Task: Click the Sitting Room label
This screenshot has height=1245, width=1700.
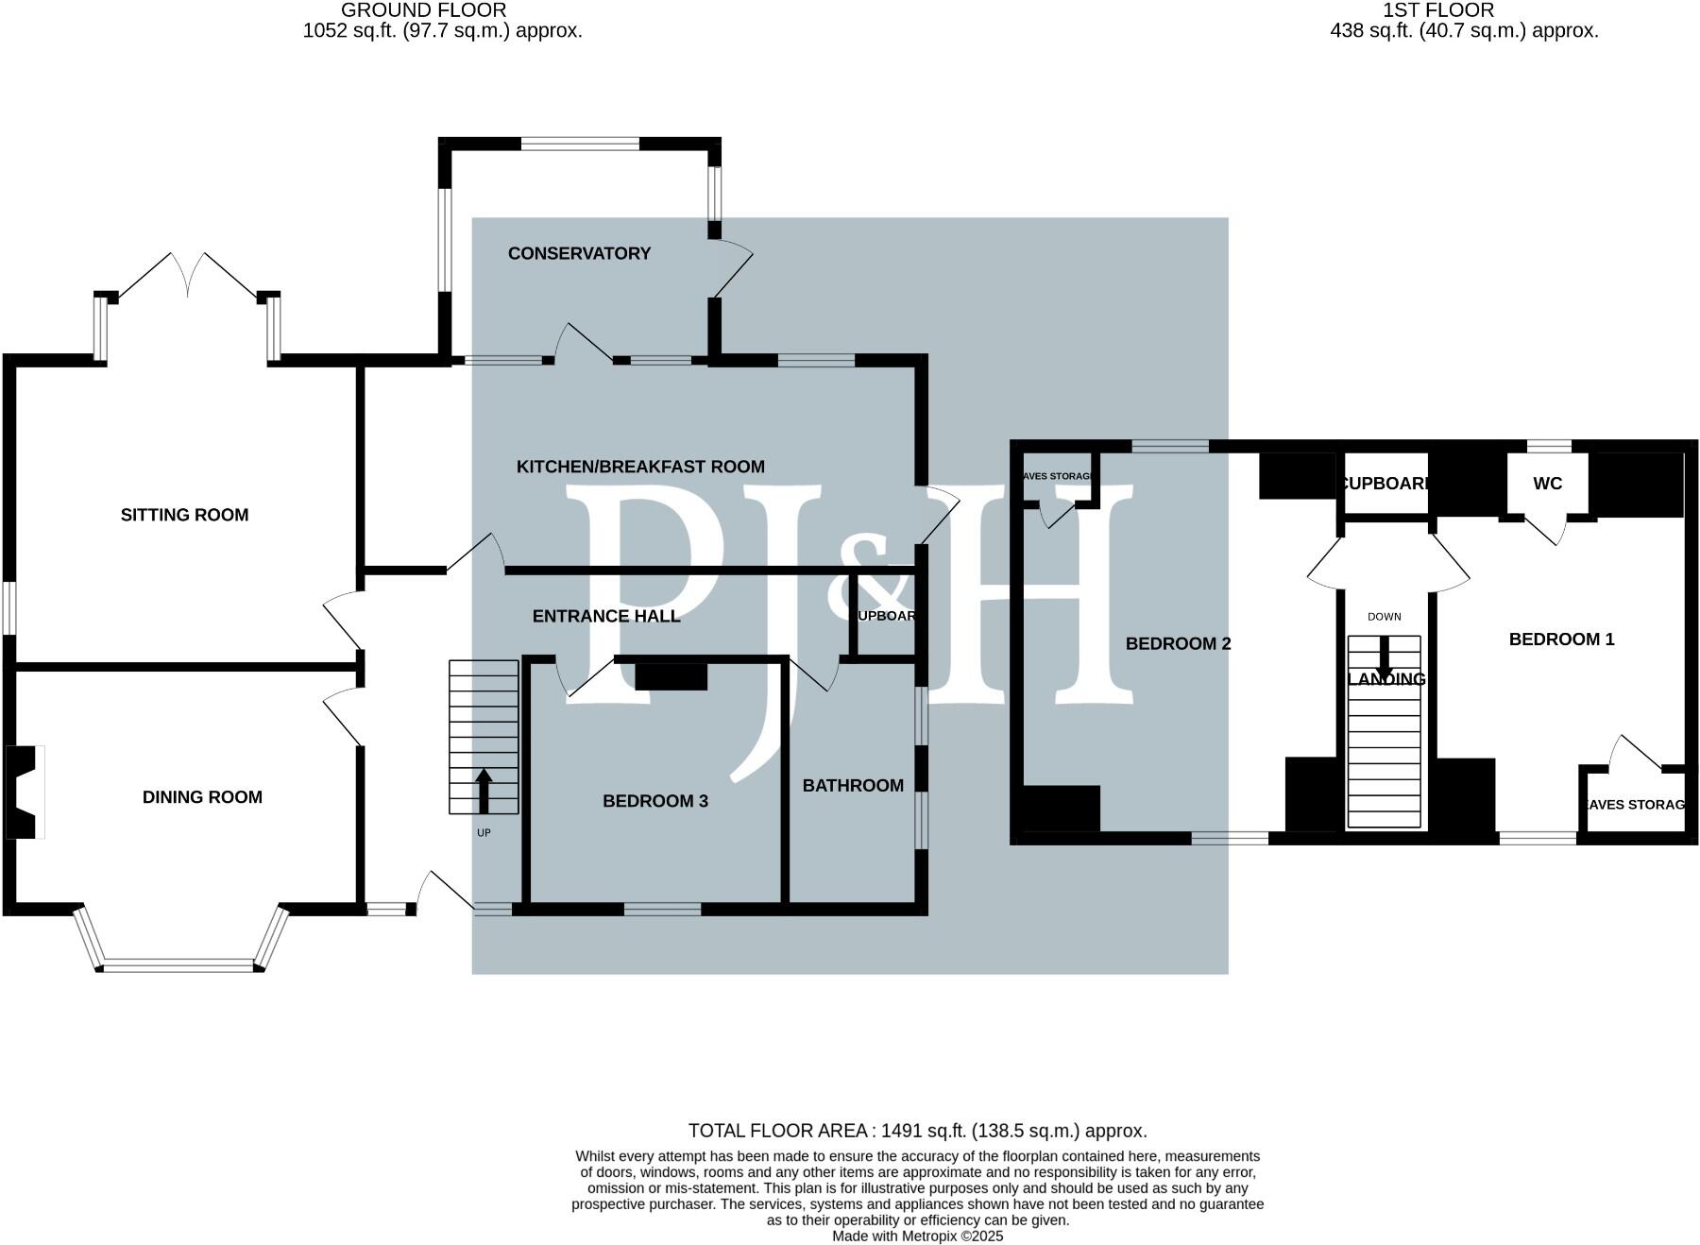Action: coord(184,515)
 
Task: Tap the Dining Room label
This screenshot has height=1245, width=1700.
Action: coord(202,797)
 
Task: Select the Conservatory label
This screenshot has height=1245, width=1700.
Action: coord(579,253)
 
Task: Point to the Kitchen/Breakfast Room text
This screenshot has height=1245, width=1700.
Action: coord(640,467)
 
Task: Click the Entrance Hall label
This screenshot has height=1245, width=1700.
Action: coord(606,617)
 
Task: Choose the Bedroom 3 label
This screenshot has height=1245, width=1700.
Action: coord(655,801)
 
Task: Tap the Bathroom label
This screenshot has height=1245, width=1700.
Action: coord(853,786)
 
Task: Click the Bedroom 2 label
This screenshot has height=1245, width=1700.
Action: coord(1178,644)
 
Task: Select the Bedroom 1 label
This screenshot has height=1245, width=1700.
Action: coord(1561,640)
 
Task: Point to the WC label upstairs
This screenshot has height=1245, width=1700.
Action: coord(1547,484)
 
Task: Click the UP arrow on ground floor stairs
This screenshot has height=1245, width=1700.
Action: coord(484,791)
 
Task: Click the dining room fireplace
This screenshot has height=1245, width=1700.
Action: coord(25,792)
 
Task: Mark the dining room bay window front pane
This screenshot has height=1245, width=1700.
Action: coord(178,965)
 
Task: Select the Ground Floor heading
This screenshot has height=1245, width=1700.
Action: coord(423,10)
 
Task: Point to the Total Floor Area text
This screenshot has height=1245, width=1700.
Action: coord(917,1131)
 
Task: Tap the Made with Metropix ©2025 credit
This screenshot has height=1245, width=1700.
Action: coord(917,1236)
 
